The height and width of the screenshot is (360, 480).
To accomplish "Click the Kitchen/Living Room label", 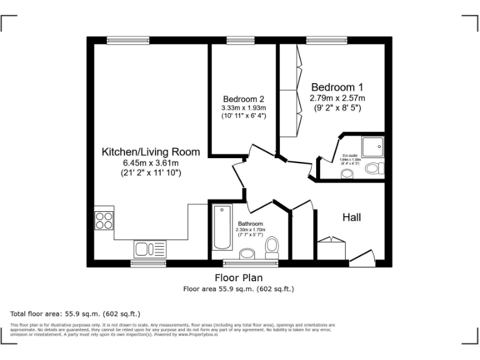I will point(151,152).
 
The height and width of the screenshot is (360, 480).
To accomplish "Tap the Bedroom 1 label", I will point(337,87).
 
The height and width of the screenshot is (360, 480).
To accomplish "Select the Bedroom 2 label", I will point(244,99).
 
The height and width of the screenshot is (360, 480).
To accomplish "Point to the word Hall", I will point(352,217).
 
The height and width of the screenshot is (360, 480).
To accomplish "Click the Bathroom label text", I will point(250,223).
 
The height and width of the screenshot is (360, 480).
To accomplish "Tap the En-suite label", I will point(351,155).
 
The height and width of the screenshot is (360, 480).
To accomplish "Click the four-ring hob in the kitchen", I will point(104,221).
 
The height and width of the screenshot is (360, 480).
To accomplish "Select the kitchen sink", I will point(151,249).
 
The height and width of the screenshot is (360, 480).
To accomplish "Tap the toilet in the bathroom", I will point(272,247).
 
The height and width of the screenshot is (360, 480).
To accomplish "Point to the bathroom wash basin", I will point(247,253).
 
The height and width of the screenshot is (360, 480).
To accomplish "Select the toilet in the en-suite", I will point(374,167).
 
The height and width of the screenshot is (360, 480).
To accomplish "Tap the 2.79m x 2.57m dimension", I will point(337,97).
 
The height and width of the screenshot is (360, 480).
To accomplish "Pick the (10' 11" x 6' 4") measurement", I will point(244,116).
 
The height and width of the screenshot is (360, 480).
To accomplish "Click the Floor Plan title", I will point(238,277).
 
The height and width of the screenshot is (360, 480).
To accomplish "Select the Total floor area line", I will point(75,313).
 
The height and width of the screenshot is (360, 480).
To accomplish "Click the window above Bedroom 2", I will point(236,40).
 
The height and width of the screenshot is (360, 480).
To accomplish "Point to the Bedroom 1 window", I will point(326,40).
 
